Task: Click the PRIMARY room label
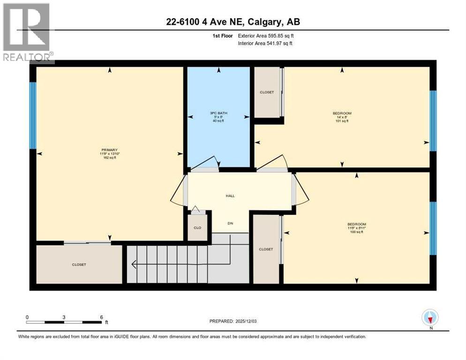click(109, 150)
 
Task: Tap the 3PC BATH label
click(218, 113)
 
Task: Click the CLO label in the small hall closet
click(198, 228)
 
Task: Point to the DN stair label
click(230, 223)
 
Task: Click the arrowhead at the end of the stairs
click(134, 265)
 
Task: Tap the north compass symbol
click(430, 318)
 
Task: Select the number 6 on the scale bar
click(101, 317)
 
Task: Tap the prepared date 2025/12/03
click(247, 321)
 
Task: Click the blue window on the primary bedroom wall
click(33, 115)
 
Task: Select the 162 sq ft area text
click(109, 157)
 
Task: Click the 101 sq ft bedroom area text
click(342, 121)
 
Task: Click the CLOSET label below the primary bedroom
click(79, 265)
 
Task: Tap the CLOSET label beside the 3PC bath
click(267, 92)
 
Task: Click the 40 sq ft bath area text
click(218, 121)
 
